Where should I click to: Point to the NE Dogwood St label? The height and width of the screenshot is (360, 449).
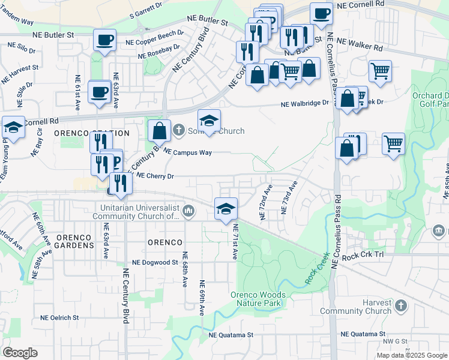155,262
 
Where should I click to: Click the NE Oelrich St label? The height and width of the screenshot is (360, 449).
59,317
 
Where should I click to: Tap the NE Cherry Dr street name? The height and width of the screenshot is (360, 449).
155,176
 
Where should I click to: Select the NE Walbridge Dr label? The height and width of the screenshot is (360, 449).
306,103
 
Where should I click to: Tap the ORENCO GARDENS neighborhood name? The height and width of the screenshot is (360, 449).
75,241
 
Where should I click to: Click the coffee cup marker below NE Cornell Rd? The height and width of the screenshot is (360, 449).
321,13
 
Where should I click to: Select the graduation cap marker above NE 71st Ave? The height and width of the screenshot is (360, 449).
226,208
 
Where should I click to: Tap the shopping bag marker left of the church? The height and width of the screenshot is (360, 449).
159,130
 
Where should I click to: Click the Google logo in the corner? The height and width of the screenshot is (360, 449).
20,353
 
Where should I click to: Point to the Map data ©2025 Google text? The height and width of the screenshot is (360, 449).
412,355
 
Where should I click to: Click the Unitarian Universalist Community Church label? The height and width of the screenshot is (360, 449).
137,212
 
